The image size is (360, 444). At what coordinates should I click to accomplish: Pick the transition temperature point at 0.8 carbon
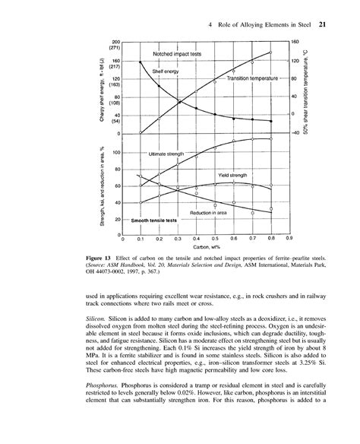tap(271, 52)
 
